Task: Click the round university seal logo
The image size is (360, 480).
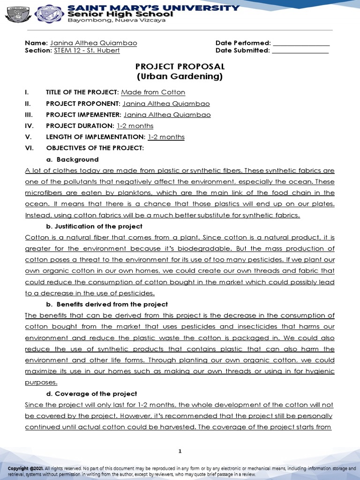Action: pos(49,15)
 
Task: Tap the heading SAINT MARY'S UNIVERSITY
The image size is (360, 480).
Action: pos(154,7)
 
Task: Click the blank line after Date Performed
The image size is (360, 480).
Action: pos(301,43)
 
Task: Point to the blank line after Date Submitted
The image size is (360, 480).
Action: pos(300,51)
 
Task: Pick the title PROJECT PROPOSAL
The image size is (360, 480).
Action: pos(180,67)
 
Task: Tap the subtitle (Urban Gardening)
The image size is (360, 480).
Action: pos(180,76)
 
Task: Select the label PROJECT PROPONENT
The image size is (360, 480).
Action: pos(82,104)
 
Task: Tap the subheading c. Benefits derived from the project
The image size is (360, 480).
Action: pos(107,304)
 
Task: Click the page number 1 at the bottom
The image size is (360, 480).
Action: pos(180,451)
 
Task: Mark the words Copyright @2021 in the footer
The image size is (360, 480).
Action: pos(25,468)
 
